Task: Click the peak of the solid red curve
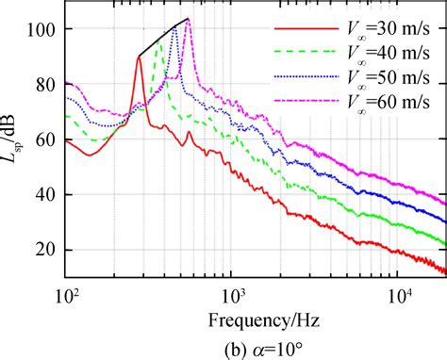coord(139,57)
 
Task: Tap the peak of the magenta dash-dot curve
coord(188,20)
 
